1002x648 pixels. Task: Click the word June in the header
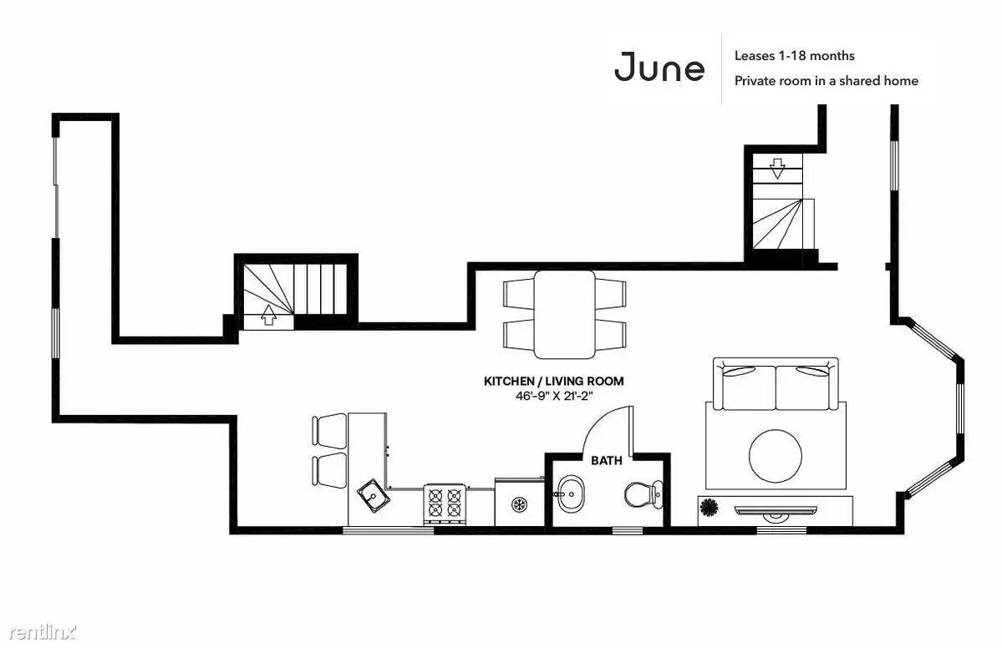pyautogui.click(x=659, y=68)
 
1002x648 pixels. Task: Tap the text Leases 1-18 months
pyautogui.click(x=794, y=56)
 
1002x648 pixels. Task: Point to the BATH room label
pyautogui.click(x=607, y=460)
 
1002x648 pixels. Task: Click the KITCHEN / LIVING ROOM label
pyautogui.click(x=553, y=381)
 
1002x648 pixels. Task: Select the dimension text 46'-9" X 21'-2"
pyautogui.click(x=554, y=396)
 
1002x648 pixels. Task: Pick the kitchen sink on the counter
pyautogui.click(x=372, y=496)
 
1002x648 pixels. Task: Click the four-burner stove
pyautogui.click(x=445, y=502)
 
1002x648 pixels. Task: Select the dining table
pyautogui.click(x=564, y=314)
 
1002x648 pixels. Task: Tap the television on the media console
pyautogui.click(x=776, y=510)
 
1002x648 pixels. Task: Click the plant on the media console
pyautogui.click(x=708, y=509)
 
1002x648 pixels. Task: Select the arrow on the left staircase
pyautogui.click(x=269, y=315)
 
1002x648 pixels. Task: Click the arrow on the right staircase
pyautogui.click(x=777, y=169)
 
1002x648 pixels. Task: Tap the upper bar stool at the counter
pyautogui.click(x=330, y=430)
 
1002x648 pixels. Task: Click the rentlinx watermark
pyautogui.click(x=43, y=632)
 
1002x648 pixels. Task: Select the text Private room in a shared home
pyautogui.click(x=827, y=81)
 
